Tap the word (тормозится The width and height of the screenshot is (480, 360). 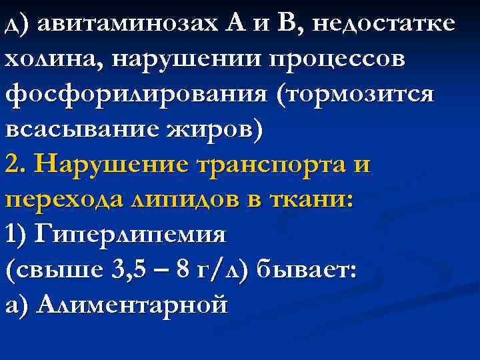[356, 94]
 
